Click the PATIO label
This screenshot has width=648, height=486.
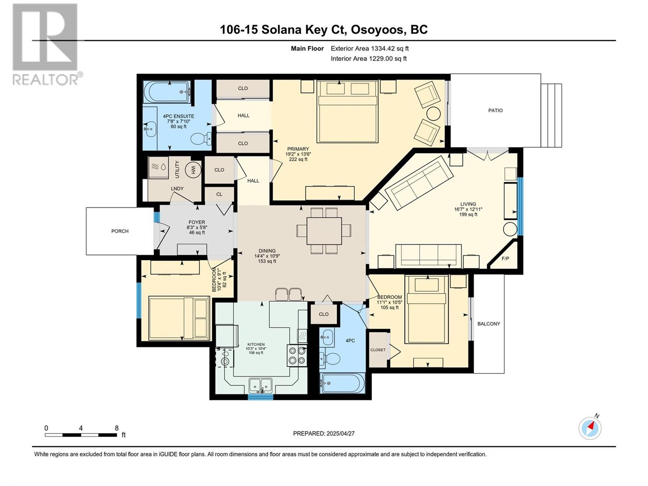point(495,110)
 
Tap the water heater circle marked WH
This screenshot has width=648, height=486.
point(193,170)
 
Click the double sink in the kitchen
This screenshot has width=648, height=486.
point(260,385)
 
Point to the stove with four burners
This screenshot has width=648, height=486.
point(297,356)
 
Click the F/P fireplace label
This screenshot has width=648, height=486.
point(505,258)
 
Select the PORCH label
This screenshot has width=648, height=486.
point(120,231)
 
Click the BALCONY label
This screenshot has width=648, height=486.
point(488,324)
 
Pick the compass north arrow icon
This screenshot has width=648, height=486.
point(590,427)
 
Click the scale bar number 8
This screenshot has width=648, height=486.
point(117,428)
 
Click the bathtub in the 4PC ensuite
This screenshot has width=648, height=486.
point(167,92)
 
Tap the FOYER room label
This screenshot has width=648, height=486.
point(196,222)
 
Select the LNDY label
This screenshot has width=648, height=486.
point(177,189)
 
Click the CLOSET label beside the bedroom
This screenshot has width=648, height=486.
point(378,350)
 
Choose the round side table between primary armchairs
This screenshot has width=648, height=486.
point(433,113)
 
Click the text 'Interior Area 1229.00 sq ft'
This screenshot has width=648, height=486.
point(369,58)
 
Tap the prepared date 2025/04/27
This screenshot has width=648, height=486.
point(340,433)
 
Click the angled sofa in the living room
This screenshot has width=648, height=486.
point(419,183)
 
